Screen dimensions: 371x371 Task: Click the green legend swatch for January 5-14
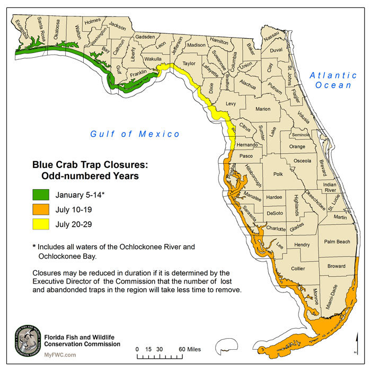coord(40,195)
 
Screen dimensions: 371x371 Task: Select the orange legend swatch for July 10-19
coord(40,209)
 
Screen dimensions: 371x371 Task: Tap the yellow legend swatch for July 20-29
coord(40,224)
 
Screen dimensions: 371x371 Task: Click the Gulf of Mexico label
coord(135,134)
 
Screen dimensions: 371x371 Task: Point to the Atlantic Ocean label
coord(333,80)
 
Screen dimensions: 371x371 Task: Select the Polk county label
coord(279,174)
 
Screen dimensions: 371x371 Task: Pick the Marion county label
coord(263,109)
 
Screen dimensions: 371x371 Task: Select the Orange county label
coord(297,147)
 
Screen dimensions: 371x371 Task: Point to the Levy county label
coord(230,104)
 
